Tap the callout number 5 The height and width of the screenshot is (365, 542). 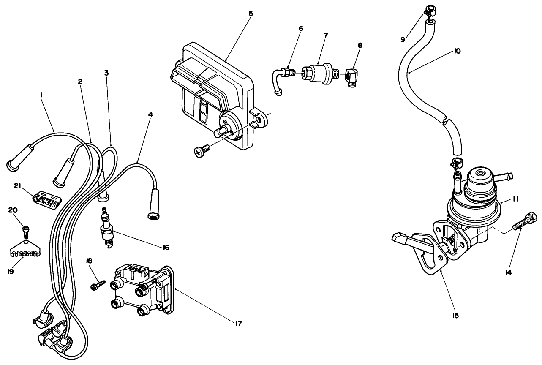pyautogui.click(x=251, y=14)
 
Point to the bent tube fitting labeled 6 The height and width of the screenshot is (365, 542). pyautogui.click(x=282, y=77)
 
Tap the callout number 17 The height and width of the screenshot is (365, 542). pyautogui.click(x=239, y=324)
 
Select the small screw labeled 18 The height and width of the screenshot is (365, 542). pyautogui.click(x=96, y=285)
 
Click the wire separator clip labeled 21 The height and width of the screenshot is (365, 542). pyautogui.click(x=47, y=199)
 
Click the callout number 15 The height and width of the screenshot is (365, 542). pyautogui.click(x=455, y=315)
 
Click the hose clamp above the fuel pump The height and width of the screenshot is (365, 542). pyautogui.click(x=456, y=161)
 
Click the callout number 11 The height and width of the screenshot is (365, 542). pyautogui.click(x=516, y=199)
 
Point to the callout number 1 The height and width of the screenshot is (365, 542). pyautogui.click(x=41, y=96)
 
